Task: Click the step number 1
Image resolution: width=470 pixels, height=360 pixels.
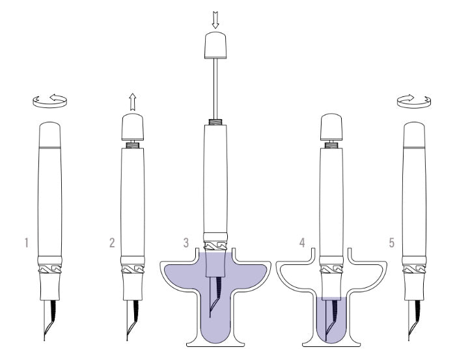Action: [x=27, y=243]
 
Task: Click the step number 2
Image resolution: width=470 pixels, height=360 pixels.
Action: [x=112, y=243]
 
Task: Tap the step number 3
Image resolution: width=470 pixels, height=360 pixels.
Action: [x=186, y=243]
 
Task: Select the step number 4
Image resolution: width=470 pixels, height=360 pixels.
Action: [x=302, y=243]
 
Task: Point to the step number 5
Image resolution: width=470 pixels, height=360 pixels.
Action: [x=392, y=243]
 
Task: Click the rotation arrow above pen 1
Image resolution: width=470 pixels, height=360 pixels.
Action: [x=49, y=101]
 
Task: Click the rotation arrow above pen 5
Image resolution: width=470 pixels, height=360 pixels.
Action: [x=414, y=102]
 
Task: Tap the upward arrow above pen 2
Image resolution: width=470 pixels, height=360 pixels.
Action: [x=133, y=102]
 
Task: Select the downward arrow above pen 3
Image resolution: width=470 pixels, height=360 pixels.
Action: [x=215, y=20]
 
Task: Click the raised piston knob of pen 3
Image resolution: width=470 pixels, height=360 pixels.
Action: [x=215, y=46]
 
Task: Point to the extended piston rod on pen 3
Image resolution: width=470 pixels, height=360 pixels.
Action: [x=215, y=89]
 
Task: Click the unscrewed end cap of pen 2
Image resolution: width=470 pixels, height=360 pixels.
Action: [x=133, y=127]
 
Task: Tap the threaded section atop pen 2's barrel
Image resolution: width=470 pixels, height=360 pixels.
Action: [x=133, y=145]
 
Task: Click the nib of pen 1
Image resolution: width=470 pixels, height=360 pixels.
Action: [x=49, y=320]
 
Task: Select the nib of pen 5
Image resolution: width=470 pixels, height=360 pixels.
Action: [x=414, y=320]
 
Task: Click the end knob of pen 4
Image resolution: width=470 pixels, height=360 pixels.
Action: [x=331, y=127]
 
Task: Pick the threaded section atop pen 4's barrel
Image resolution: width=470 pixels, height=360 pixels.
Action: [x=331, y=145]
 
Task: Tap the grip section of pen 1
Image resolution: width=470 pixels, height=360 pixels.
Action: [x=49, y=287]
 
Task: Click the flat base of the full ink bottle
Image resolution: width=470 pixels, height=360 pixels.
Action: [x=215, y=344]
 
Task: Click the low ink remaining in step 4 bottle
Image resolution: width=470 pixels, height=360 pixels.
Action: [x=331, y=320]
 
